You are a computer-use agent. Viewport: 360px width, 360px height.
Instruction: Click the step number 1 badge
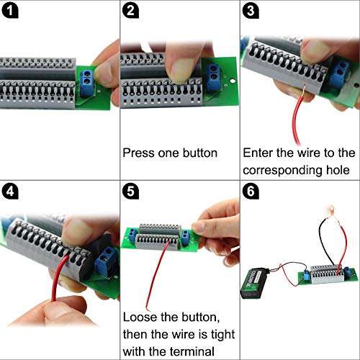(x=12, y=12)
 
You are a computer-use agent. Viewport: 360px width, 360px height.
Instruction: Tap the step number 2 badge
(x=131, y=12)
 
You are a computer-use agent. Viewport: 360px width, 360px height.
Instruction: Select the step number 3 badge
(x=251, y=12)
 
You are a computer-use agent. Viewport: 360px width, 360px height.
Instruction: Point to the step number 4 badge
(x=12, y=192)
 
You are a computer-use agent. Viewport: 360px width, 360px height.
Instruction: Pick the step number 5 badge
(x=131, y=192)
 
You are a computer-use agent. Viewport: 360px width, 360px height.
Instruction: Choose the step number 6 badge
(x=251, y=192)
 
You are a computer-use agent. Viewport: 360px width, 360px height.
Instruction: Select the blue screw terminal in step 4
(x=106, y=259)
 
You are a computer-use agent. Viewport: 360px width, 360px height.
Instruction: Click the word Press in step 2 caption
(x=138, y=153)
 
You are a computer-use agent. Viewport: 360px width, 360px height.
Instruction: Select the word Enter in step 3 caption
(x=258, y=153)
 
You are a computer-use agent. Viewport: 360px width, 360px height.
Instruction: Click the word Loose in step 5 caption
(x=140, y=318)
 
